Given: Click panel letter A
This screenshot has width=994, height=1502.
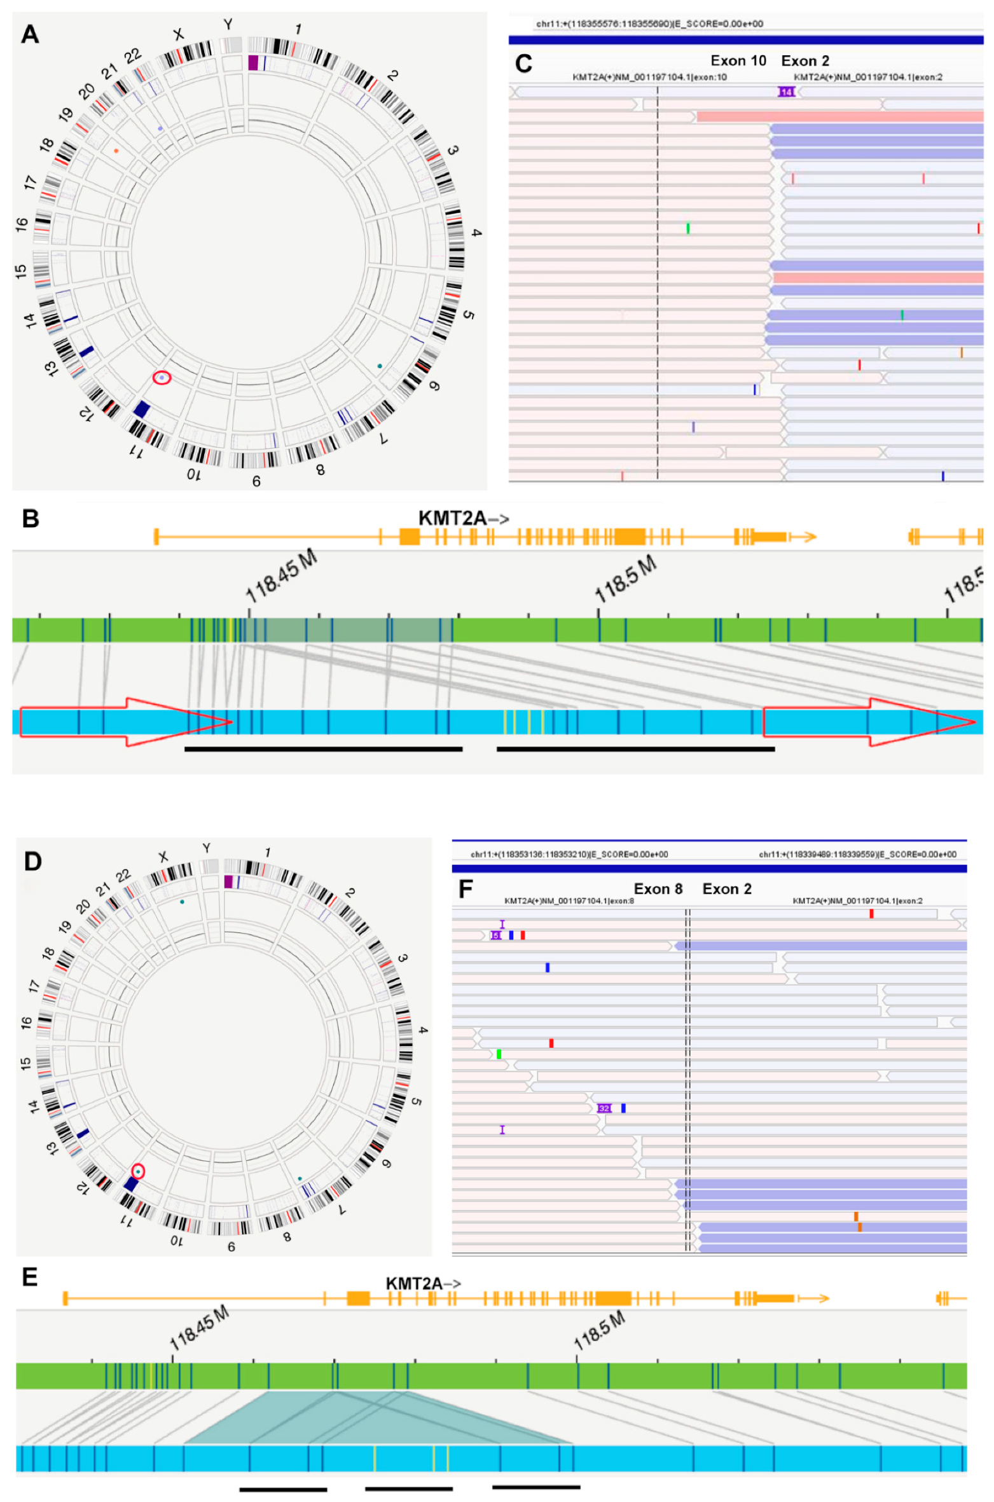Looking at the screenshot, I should click(30, 34).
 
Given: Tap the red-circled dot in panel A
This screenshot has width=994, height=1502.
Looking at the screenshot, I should click(162, 378).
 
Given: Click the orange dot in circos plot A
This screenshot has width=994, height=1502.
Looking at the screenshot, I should click(116, 151).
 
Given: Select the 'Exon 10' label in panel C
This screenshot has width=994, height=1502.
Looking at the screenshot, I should click(738, 61).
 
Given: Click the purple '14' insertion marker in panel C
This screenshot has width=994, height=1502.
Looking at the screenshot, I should click(786, 92).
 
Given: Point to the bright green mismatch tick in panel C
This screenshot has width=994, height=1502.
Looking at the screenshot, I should click(687, 228).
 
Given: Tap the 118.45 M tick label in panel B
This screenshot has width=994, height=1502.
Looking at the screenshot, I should click(281, 576).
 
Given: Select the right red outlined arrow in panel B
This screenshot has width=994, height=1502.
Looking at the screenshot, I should click(869, 722).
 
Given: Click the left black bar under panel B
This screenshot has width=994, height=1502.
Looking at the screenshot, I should click(323, 749).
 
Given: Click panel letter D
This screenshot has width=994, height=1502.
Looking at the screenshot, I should click(32, 862).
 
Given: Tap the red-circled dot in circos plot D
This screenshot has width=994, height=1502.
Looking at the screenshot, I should click(138, 1171).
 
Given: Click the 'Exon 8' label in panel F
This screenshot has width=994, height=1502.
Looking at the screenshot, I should click(658, 889).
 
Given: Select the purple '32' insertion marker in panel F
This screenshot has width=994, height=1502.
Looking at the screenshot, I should click(604, 1108).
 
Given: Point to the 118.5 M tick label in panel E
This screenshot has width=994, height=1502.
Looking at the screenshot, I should click(599, 1330).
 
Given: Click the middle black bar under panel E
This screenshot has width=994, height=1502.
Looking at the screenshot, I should click(408, 1489).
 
